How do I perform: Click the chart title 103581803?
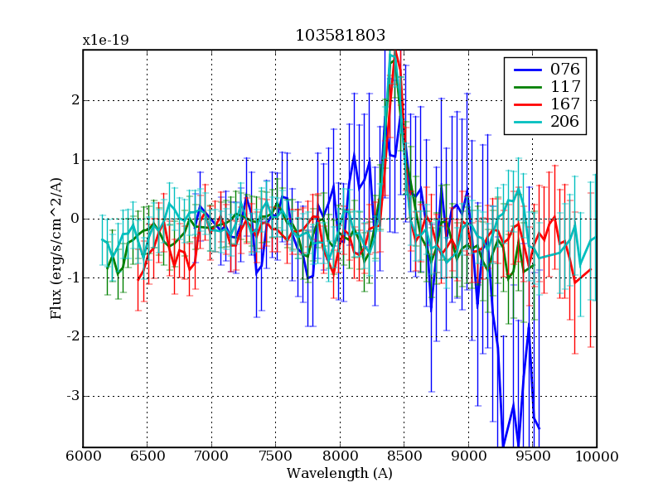tap(340, 35)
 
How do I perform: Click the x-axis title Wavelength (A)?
tap(340, 474)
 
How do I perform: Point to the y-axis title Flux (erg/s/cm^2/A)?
tap(56, 248)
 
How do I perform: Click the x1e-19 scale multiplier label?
tap(104, 40)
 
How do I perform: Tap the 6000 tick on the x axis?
tap(83, 456)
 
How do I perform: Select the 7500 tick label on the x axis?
tap(276, 456)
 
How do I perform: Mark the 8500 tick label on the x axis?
tap(404, 456)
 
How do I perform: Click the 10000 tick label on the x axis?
tap(597, 456)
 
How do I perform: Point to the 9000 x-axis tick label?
tap(468, 456)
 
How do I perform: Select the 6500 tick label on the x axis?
tap(148, 456)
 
